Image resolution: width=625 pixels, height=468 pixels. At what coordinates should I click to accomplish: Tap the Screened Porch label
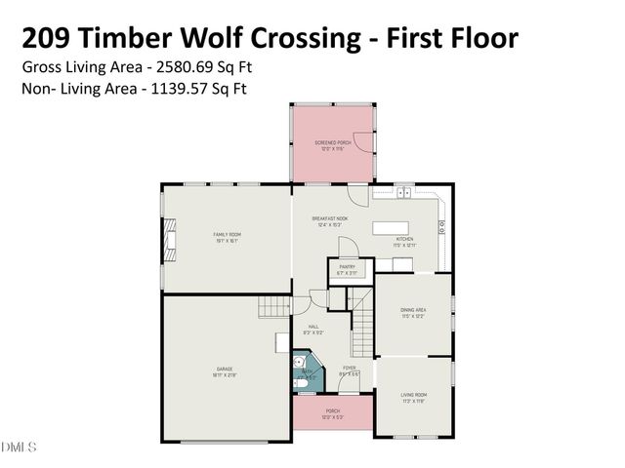click(332, 144)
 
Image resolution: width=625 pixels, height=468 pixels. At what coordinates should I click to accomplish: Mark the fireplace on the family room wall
click(170, 239)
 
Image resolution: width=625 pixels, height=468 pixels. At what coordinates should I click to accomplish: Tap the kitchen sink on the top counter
click(403, 191)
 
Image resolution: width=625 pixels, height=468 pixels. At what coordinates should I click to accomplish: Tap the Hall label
click(313, 329)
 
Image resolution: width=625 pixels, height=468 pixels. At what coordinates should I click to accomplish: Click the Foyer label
click(349, 370)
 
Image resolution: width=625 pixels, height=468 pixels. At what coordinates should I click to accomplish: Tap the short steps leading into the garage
click(274, 307)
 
